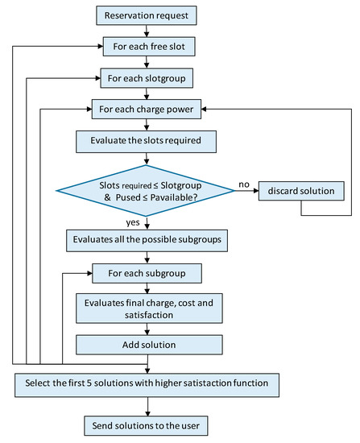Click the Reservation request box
tap(146, 14)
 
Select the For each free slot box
tap(146, 47)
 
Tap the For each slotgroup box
tap(146, 78)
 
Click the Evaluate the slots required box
tap(146, 142)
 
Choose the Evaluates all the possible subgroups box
tap(146, 239)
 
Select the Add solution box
tap(146, 345)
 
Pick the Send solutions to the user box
tap(146, 423)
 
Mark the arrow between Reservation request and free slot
tap(146, 31)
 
